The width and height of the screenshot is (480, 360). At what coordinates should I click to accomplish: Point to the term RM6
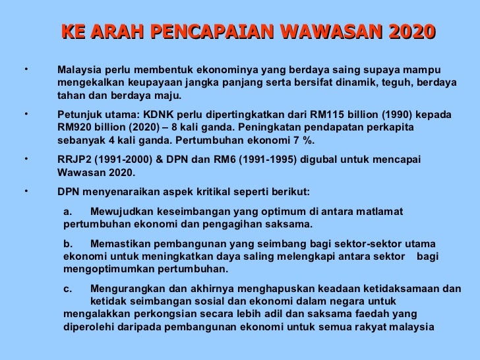click(233, 160)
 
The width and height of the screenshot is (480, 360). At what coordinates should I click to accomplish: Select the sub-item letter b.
click(69, 244)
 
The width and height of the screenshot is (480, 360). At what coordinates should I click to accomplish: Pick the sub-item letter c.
click(69, 288)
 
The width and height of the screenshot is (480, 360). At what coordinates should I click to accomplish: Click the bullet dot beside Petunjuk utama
click(24, 113)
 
